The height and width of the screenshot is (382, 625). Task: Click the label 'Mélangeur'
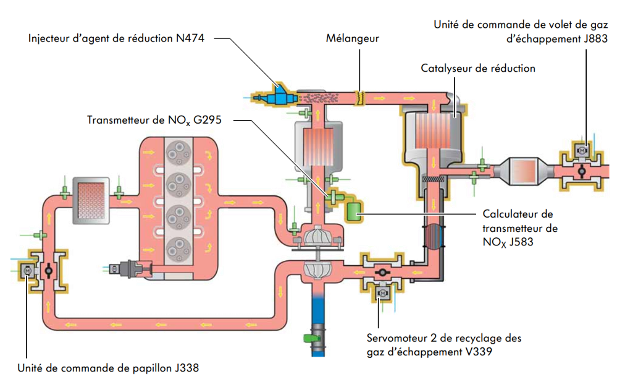(353, 38)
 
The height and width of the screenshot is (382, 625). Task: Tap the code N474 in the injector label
(188, 38)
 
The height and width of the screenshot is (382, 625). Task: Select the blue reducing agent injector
(276, 96)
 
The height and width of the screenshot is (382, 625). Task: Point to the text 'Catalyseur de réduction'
(478, 68)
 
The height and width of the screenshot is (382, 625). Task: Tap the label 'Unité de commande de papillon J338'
(108, 368)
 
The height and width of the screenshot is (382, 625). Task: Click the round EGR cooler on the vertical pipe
(434, 236)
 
